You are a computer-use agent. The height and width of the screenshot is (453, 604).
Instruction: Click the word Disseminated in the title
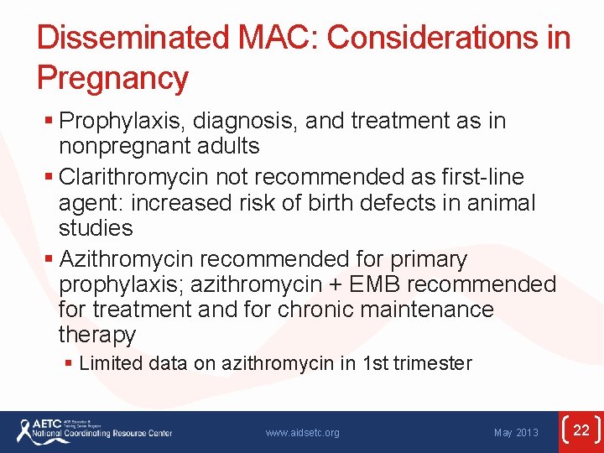point(128,39)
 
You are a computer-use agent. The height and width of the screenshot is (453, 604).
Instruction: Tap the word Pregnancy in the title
point(112,78)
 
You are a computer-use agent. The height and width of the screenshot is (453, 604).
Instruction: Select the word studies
point(96,228)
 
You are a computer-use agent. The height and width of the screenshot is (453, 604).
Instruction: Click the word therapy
point(96,335)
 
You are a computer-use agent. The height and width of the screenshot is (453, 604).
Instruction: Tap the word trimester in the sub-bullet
point(432,364)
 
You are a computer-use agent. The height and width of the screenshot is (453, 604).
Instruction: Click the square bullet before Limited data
point(70,364)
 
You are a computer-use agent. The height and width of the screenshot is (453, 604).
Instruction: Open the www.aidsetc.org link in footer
point(302,433)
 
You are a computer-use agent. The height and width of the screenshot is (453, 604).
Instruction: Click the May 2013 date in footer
point(516,433)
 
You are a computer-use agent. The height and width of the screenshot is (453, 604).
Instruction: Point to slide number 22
point(581,431)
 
